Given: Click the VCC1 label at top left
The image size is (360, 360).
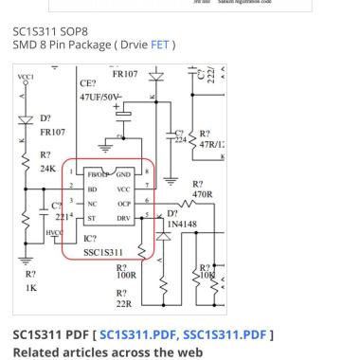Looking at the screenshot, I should pos(26,77).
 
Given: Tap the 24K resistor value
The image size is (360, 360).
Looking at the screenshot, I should pos(46,169).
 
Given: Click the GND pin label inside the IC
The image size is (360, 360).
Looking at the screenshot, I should pos(123,174).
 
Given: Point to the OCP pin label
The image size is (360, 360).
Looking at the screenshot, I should pos(124,202).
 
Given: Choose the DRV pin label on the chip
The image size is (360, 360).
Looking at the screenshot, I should pos(124,216).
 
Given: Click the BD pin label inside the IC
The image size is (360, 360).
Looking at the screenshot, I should pos(92,189).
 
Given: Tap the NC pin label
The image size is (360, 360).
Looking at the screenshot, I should pos(92,203).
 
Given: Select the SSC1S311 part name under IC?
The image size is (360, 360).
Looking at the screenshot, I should pos(103,252).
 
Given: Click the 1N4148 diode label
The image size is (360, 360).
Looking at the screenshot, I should pos(182,225).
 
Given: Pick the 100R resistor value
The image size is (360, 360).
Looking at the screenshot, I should pos(127,276).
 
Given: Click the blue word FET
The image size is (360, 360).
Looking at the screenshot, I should pos(157,45).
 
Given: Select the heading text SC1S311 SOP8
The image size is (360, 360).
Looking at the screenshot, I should pos(52,31).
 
